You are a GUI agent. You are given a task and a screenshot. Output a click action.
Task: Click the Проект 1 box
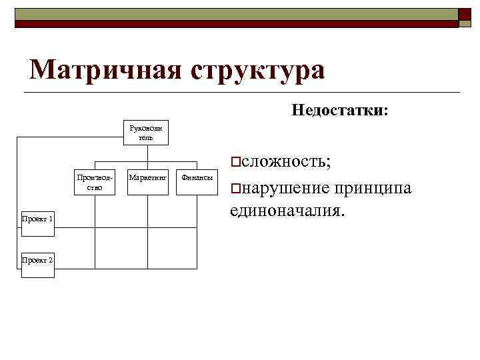point(37,219)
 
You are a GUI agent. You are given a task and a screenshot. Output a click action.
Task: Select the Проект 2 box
point(37,260)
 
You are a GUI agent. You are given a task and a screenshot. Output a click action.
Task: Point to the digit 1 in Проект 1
point(51,219)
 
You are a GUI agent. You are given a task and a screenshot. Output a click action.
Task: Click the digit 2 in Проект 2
point(51,260)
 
